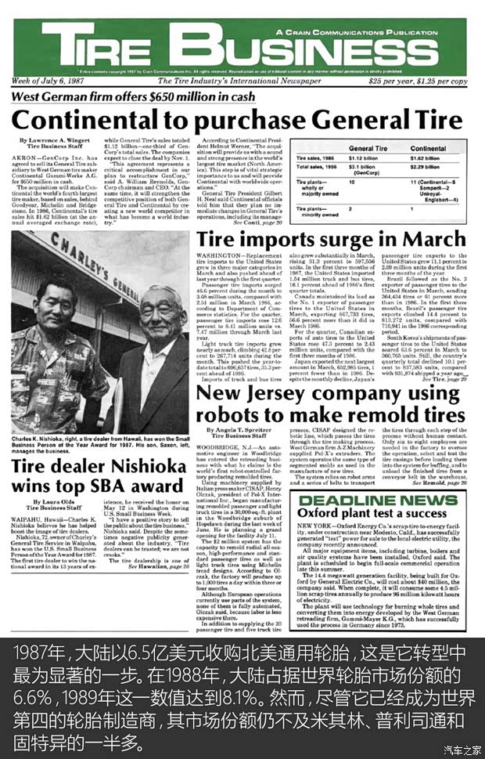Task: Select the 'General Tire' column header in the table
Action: point(368,148)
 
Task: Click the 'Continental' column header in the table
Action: point(428,148)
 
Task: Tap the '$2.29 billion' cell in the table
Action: point(426,166)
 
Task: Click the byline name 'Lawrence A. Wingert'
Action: point(59,139)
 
